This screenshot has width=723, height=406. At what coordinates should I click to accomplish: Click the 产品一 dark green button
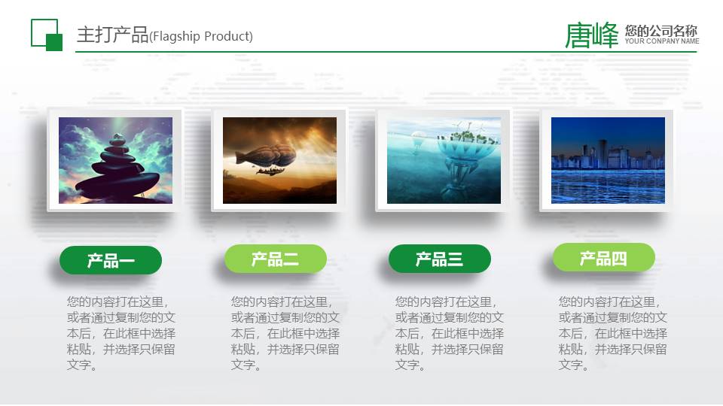(x=111, y=260)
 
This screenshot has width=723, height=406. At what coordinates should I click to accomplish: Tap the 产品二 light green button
(x=275, y=259)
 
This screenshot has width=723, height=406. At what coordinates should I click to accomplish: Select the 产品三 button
(x=439, y=259)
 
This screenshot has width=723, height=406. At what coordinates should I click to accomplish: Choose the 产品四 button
(x=603, y=259)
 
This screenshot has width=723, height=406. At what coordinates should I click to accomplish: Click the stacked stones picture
(x=115, y=160)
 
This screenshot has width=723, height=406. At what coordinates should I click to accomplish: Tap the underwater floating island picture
(x=444, y=160)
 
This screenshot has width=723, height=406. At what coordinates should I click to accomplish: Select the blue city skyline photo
(x=608, y=160)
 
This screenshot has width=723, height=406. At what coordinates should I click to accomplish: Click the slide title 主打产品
(x=113, y=35)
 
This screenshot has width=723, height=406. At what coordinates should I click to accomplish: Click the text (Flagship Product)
(x=202, y=37)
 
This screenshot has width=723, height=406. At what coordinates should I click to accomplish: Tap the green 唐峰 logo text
(x=591, y=35)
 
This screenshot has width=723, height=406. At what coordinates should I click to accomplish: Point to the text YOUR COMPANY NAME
(x=662, y=41)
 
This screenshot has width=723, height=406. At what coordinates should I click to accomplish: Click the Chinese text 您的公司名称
(x=660, y=31)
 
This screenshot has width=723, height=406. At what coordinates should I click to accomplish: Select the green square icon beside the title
(x=47, y=35)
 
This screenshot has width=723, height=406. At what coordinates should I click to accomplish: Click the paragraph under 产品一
(x=120, y=333)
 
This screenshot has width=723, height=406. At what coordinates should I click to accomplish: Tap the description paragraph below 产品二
(x=285, y=333)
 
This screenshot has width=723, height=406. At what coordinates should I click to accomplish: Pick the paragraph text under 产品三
(x=449, y=333)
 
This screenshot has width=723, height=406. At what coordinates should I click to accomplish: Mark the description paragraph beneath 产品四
(x=612, y=333)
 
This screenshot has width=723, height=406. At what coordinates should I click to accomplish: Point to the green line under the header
(x=377, y=52)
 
